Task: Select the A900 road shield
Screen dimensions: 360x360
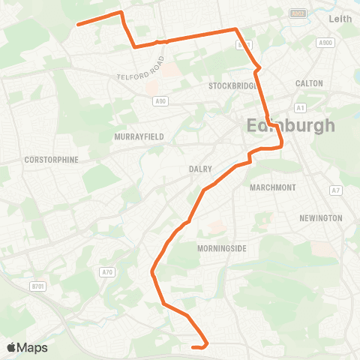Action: [x=325, y=43]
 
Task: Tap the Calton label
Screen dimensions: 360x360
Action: [x=309, y=84]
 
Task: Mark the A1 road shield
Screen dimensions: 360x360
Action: [x=300, y=108]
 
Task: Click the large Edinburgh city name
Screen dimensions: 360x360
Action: [x=291, y=125]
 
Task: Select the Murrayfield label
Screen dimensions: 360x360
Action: [x=134, y=136]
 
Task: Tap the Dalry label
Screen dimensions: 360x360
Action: [x=201, y=169]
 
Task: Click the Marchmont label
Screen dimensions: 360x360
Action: [x=274, y=187]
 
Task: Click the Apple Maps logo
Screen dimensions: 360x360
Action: [x=28, y=347]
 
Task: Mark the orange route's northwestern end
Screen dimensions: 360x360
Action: [x=77, y=24]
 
